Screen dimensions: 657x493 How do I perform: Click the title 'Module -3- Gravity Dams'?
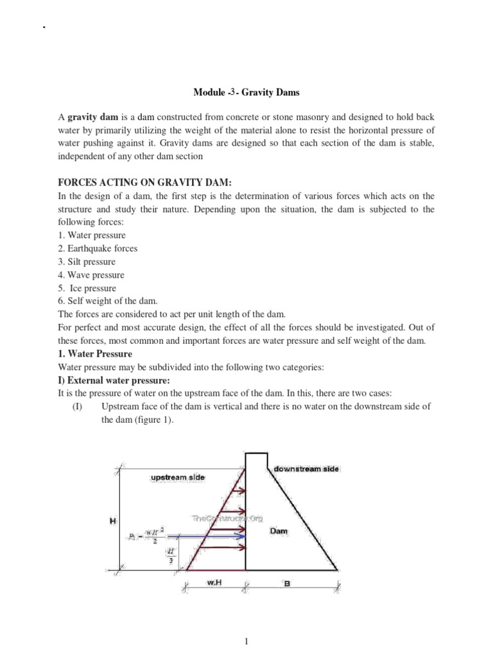tap(246, 92)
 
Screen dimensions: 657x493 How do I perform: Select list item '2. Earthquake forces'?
tap(98, 248)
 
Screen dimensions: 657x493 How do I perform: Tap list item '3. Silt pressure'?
tap(87, 262)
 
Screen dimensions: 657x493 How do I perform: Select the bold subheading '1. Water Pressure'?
tap(95, 354)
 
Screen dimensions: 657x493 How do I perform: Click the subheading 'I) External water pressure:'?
tap(110, 380)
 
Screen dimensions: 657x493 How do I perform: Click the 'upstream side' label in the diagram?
tap(178, 477)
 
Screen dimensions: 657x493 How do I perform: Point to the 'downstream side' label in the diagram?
tap(306, 469)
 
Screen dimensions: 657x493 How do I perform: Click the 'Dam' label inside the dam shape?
tap(279, 531)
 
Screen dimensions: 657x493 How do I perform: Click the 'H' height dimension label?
tap(112, 521)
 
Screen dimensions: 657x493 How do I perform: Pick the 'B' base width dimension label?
tap(286, 584)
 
